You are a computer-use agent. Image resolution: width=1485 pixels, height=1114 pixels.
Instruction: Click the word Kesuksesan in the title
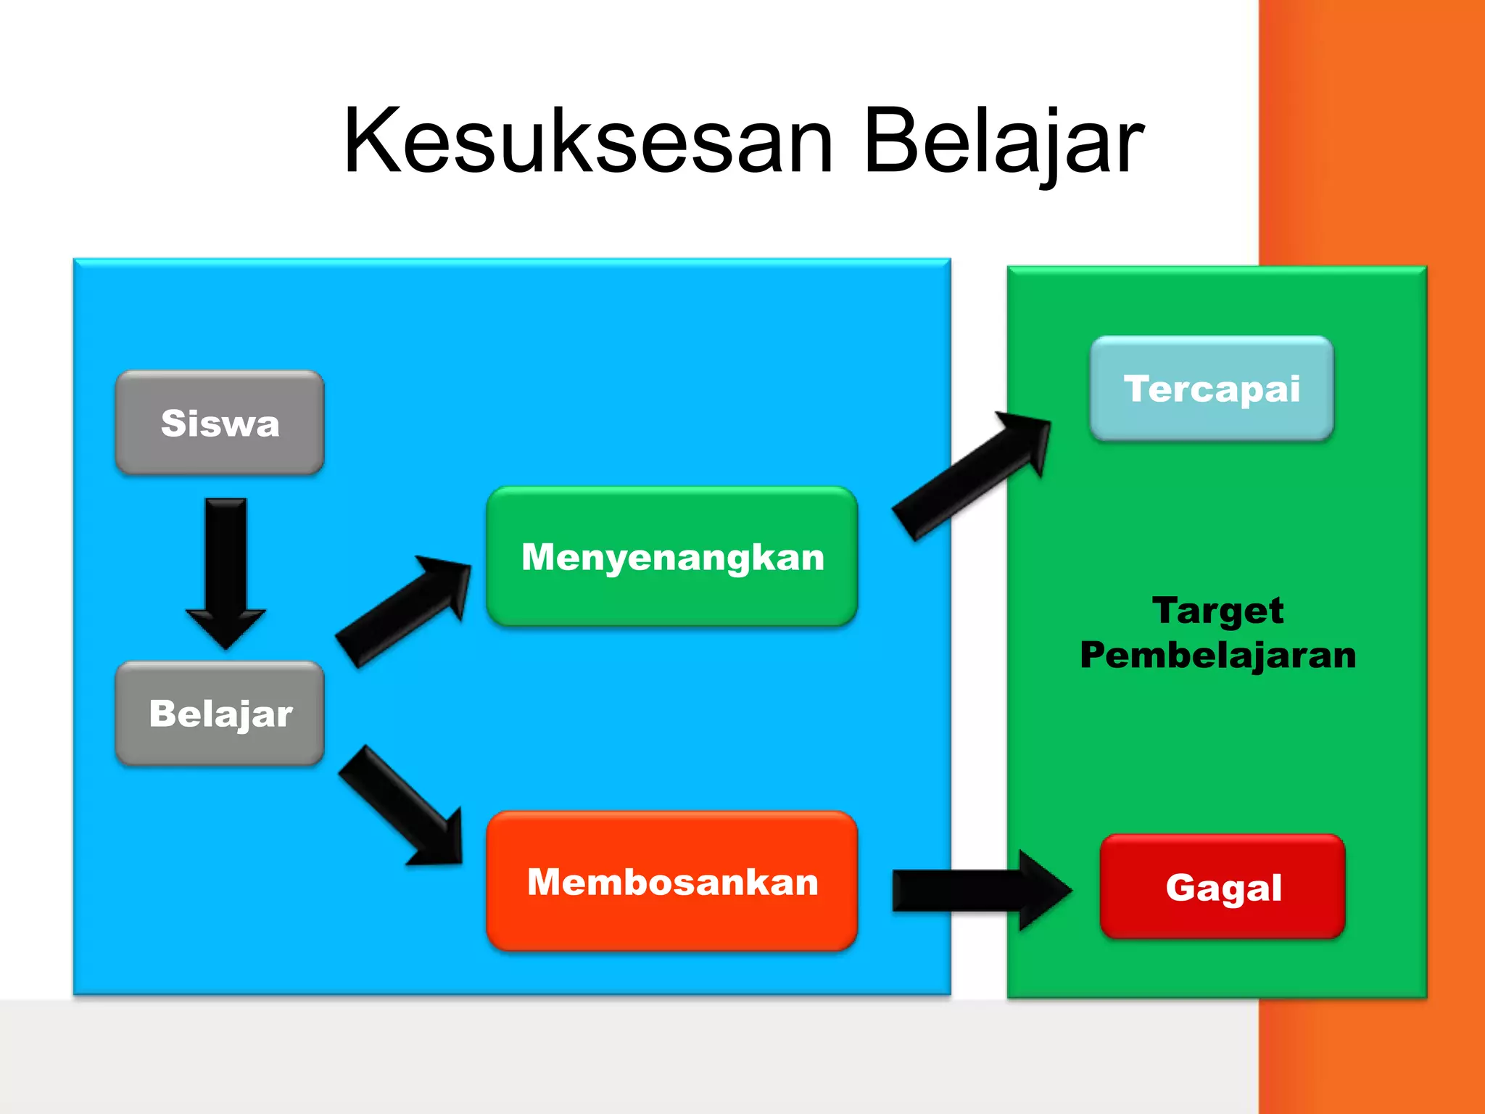coord(587,141)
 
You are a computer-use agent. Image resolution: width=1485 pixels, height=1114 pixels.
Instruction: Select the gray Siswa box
coord(220,423)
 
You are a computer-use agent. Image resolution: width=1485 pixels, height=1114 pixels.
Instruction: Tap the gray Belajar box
coord(220,714)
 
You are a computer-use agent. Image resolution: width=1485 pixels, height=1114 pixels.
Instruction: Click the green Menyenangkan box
coord(672,557)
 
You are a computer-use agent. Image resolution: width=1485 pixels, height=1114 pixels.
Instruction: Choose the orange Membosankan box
coord(672,881)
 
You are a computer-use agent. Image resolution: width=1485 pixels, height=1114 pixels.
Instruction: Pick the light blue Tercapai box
coord(1212,389)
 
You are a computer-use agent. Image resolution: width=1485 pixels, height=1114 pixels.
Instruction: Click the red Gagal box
coord(1223,887)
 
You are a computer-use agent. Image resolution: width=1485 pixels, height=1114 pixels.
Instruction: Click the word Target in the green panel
coord(1217,611)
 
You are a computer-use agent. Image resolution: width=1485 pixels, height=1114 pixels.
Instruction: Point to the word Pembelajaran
coord(1217,655)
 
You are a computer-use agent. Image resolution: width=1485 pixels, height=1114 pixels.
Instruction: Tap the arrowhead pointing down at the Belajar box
coord(226,627)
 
